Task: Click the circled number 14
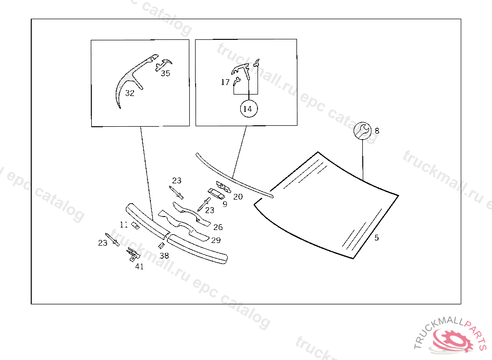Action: (247, 109)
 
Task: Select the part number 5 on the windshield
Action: (376, 238)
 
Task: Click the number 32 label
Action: (130, 93)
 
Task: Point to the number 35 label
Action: (165, 73)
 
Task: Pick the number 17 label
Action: (225, 82)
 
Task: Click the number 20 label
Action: (238, 196)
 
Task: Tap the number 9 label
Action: (225, 204)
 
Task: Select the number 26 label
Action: (218, 227)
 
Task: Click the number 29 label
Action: (216, 240)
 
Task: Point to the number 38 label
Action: (164, 256)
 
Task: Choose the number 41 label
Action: (139, 267)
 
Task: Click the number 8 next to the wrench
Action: (377, 131)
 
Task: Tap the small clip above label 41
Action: (131, 254)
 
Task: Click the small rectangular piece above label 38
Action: (161, 245)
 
